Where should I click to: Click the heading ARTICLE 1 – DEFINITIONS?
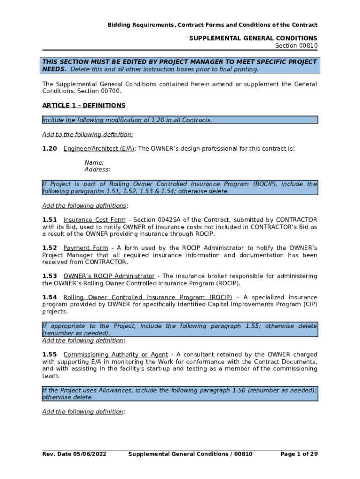click(x=84, y=106)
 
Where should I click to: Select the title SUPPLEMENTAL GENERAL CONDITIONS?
click(x=253, y=38)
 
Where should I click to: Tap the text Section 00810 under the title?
click(x=296, y=45)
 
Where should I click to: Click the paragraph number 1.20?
click(x=50, y=149)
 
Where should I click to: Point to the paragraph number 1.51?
click(x=50, y=220)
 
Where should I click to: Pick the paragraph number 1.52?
click(x=50, y=248)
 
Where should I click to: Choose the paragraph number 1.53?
click(x=50, y=276)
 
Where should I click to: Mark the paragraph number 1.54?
click(x=50, y=298)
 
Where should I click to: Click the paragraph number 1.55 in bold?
click(x=50, y=355)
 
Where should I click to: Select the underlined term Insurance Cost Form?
click(x=94, y=220)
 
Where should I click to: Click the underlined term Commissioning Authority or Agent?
click(x=115, y=355)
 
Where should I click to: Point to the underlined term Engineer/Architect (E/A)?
click(x=99, y=149)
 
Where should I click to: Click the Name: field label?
click(x=94, y=163)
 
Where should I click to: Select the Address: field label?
click(x=97, y=170)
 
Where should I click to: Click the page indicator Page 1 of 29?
click(x=299, y=454)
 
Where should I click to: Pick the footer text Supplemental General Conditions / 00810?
click(x=190, y=454)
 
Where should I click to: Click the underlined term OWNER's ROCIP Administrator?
click(x=109, y=276)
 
